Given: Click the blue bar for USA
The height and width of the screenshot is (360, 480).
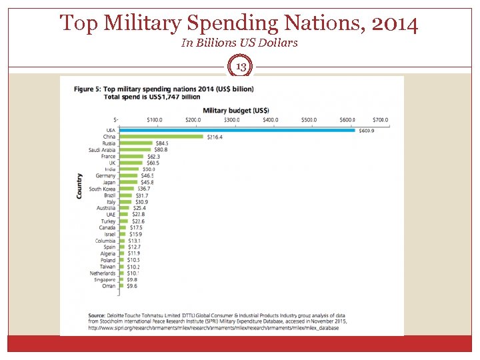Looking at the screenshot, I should pos(237,130).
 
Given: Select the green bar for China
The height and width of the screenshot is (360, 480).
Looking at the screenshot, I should pos(161,137).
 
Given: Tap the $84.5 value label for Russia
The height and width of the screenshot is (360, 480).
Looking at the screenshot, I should pos(161,143).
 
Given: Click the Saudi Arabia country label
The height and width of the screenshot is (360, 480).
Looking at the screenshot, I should pos(102,150).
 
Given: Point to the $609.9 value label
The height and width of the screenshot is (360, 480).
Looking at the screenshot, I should pos(367,130).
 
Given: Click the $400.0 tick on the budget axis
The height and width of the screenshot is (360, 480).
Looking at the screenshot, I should pos(271,120).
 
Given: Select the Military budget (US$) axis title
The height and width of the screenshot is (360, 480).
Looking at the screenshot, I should pos(236,110).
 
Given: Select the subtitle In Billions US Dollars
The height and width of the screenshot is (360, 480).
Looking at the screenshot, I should pos(239,43).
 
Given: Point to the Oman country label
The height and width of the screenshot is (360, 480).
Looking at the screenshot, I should pos(108,286).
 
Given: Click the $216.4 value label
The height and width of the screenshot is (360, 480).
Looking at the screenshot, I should pos(215,137).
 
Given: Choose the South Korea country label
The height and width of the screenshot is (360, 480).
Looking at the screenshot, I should pos(102,189).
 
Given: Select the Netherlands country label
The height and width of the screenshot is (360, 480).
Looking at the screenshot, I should pos(103,273).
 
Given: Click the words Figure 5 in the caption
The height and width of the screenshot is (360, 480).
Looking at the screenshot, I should pos(86,89).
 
